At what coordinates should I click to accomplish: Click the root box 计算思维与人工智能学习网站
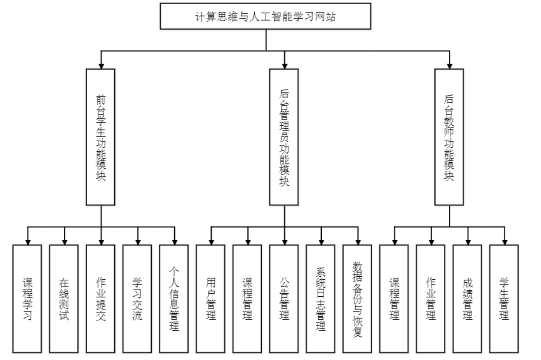[265, 16]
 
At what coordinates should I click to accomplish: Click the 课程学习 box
[28, 299]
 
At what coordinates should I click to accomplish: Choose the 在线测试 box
[64, 299]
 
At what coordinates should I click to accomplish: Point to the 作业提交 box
[101, 299]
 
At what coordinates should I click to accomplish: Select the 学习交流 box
[137, 299]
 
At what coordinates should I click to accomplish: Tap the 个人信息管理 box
[174, 299]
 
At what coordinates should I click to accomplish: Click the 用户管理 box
[210, 299]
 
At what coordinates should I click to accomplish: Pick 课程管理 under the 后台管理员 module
[247, 299]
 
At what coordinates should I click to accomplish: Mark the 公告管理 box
[284, 299]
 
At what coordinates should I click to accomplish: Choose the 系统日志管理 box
[320, 299]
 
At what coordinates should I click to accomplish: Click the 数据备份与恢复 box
[357, 299]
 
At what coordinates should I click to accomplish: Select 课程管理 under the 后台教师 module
[394, 299]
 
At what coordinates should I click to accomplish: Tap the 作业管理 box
[431, 299]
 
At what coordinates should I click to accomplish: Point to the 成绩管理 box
[467, 299]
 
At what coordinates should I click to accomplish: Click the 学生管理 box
[504, 299]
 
